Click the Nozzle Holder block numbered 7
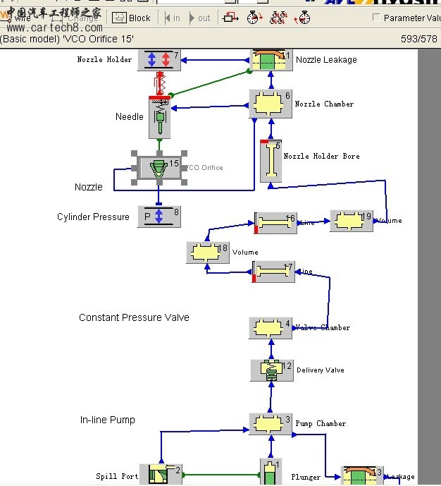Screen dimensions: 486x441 pyautogui.click(x=159, y=60)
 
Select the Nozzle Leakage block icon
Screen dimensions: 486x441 pyautogui.click(x=271, y=60)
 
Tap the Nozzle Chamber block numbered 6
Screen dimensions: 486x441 pyautogui.click(x=271, y=104)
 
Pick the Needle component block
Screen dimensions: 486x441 pyautogui.click(x=160, y=116)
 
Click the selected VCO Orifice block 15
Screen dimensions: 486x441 pyautogui.click(x=159, y=168)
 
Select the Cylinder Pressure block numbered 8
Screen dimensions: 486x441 pyautogui.click(x=159, y=217)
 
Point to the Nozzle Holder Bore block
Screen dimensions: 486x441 pyautogui.click(x=271, y=162)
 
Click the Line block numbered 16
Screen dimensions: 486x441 pyautogui.click(x=275, y=222)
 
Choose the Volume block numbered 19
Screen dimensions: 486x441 pyautogui.click(x=351, y=221)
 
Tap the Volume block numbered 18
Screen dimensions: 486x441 pyautogui.click(x=208, y=252)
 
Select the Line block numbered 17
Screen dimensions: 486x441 pyautogui.click(x=273, y=272)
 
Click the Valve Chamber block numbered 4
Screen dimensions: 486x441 pyautogui.click(x=271, y=328)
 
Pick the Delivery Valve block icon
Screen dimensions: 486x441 pyautogui.click(x=271, y=370)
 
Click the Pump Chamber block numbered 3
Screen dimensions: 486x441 pyautogui.click(x=271, y=424)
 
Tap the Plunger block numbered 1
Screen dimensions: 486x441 pyautogui.click(x=271, y=473)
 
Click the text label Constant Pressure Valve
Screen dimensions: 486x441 pyautogui.click(x=134, y=317)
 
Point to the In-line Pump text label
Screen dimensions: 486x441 pyautogui.click(x=107, y=420)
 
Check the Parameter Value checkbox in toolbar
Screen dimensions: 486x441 pyautogui.click(x=376, y=18)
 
